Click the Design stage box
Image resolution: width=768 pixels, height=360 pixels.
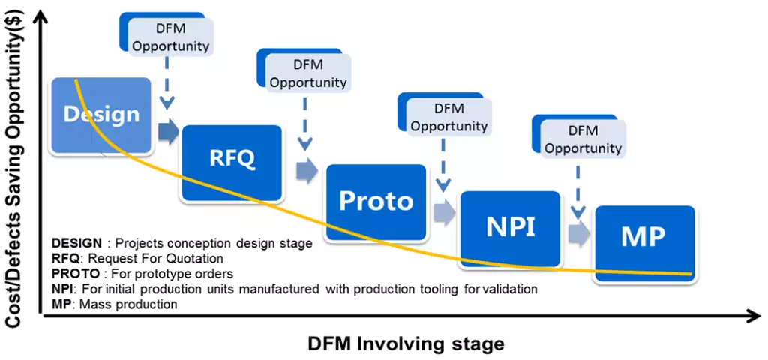[x=101, y=114]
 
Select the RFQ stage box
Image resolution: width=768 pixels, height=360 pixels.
[x=232, y=159]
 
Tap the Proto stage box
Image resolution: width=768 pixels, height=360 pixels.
[x=376, y=201]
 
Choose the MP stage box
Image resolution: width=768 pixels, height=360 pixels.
[x=643, y=238]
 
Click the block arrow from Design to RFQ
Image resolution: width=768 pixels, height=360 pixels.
[x=168, y=132]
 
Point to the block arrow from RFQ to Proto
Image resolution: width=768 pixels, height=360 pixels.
[x=306, y=171]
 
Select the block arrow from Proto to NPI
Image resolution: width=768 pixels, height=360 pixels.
[x=444, y=212]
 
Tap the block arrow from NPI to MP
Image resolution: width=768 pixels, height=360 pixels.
[x=577, y=233]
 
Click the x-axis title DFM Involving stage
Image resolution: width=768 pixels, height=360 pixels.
[x=406, y=343]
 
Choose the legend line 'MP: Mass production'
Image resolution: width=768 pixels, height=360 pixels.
[x=115, y=304]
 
